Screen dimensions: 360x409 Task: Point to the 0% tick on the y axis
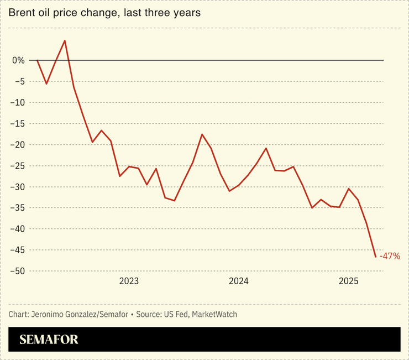(x=18, y=60)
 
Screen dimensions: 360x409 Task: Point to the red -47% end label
(x=390, y=257)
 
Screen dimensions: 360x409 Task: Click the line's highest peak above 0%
(x=65, y=40)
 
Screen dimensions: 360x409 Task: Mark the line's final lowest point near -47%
(x=376, y=257)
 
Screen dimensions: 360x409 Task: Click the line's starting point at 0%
(x=37, y=60)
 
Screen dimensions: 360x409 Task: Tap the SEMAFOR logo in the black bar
(x=49, y=340)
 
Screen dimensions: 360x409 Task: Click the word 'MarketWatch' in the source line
(x=210, y=314)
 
